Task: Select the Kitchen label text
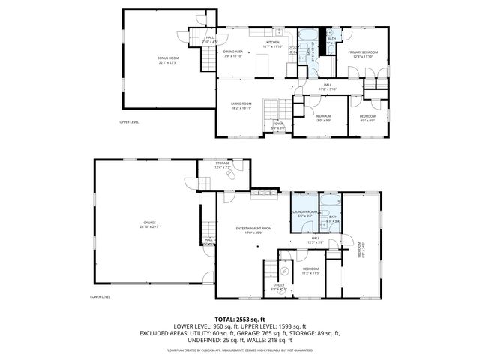coord(273,44)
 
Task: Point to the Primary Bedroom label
coord(363,53)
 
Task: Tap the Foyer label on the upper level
coord(277,125)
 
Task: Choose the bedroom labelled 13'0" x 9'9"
coord(323,118)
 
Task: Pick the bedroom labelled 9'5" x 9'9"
coord(367,118)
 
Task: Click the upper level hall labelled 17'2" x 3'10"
coord(328,86)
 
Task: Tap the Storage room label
coord(223,164)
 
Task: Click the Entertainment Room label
coord(253,229)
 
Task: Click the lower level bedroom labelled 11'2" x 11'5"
coord(311,270)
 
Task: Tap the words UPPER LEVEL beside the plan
coord(129,121)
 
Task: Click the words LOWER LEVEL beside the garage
coord(100,296)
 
